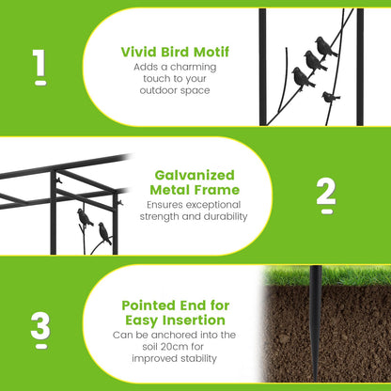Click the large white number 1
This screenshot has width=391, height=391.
39,63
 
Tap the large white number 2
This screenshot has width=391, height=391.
326,192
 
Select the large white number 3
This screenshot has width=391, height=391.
40,326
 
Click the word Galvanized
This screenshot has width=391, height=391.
195,175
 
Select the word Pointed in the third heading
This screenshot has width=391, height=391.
149,305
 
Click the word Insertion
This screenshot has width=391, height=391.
193,321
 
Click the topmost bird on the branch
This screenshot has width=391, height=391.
326,47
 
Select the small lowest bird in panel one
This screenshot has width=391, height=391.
330,97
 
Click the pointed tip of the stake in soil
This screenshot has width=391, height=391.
315,380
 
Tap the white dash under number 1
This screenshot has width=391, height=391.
41,83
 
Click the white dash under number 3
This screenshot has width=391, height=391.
41,347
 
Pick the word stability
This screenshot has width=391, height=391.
198,358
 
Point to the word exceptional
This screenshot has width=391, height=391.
212,205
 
